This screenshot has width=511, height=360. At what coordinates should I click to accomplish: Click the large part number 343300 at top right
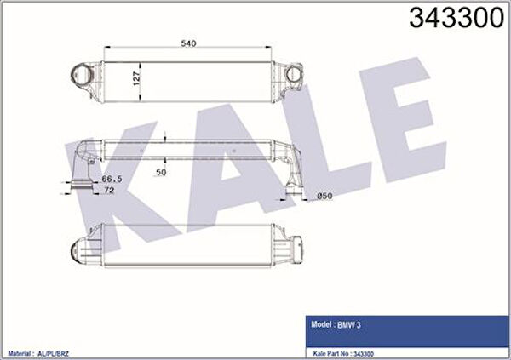[x=456, y=18]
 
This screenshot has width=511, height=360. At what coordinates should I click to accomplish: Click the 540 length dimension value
[x=188, y=43]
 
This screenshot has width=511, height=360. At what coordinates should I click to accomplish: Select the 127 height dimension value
[x=136, y=78]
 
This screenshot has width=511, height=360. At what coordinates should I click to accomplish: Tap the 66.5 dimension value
[x=112, y=179]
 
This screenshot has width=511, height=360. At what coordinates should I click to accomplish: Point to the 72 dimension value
[x=108, y=191]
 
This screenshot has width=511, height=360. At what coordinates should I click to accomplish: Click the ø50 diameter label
[x=324, y=196]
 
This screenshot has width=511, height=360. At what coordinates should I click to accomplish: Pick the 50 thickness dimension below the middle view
[x=161, y=173]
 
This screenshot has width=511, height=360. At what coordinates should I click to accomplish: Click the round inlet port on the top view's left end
[x=78, y=74]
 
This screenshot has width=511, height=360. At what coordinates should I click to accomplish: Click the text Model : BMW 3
[x=336, y=324]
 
